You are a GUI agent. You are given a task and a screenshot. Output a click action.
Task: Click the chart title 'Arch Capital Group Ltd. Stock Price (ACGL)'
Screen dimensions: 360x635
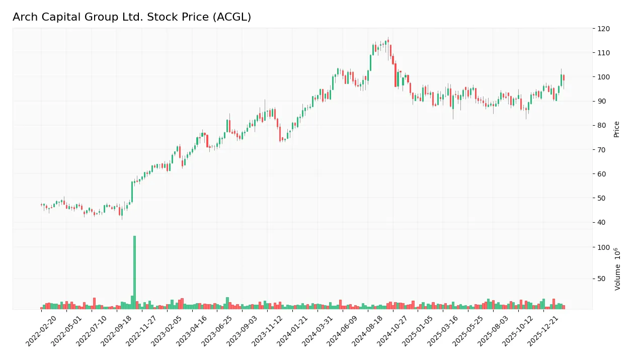(x=132, y=17)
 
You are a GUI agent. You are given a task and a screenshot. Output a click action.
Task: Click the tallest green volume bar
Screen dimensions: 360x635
(x=134, y=272)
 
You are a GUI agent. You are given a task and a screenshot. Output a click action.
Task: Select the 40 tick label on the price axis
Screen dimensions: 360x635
(x=601, y=222)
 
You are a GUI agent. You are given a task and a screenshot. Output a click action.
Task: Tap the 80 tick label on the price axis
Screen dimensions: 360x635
(x=601, y=126)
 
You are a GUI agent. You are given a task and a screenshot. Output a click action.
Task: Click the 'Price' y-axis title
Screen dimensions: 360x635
(x=616, y=129)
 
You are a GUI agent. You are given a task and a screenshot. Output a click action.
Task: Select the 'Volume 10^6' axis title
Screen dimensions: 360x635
(x=617, y=269)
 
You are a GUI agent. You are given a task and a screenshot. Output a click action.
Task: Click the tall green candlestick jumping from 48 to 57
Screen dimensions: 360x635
(x=132, y=192)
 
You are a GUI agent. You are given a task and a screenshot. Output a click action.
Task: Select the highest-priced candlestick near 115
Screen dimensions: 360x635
(x=387, y=42)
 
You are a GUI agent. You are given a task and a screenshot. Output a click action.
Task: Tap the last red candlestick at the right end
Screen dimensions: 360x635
(x=564, y=77)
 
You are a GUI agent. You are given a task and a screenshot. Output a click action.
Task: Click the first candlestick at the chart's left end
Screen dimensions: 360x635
(x=41, y=205)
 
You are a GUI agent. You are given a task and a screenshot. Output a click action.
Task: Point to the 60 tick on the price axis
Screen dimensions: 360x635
(x=601, y=174)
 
